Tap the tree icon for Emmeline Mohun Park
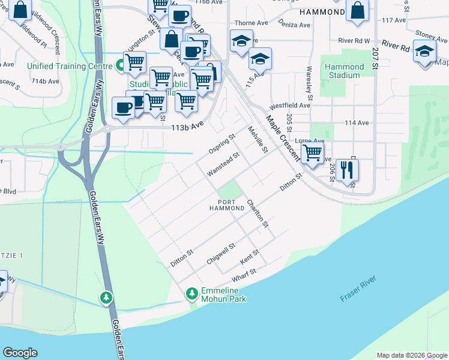tap(192, 293)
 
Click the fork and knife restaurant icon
tap(347, 169)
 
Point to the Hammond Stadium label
tap(345, 71)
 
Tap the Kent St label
tap(249, 257)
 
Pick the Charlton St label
tap(258, 213)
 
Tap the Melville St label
tap(257, 139)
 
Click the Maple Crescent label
tap(283, 137)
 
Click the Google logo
tap(20, 353)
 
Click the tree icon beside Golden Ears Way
tap(106, 297)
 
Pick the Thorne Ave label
tap(252, 23)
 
